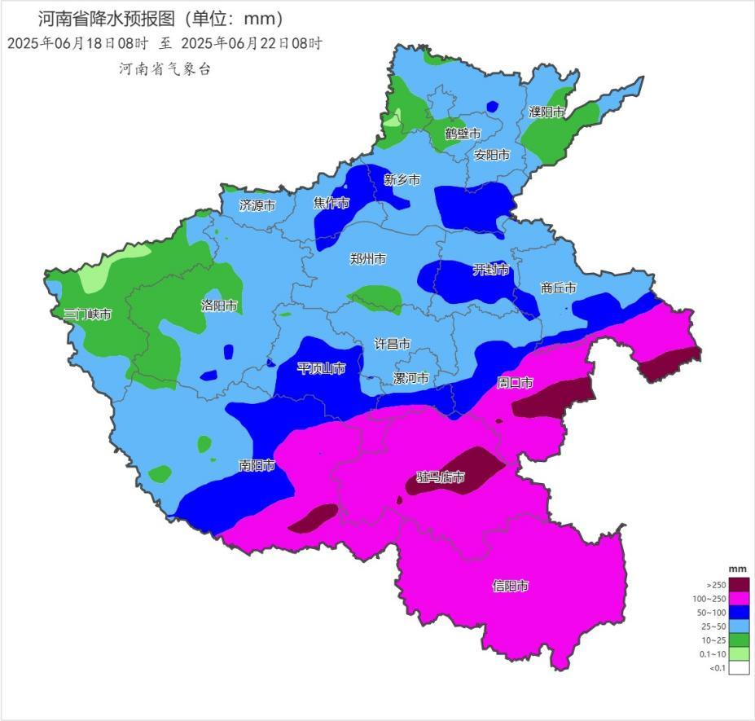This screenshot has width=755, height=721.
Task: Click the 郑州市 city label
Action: (368, 259)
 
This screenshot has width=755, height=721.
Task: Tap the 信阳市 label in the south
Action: (511, 586)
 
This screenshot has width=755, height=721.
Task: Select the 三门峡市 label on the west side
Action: (88, 314)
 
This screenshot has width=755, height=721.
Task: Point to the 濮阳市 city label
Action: (546, 112)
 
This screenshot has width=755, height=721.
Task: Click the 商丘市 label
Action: (559, 288)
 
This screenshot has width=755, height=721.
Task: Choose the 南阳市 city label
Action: (257, 466)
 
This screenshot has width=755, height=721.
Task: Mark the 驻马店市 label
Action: (441, 477)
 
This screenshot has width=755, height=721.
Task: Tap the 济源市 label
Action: (257, 206)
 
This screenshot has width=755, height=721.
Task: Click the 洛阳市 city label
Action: (219, 306)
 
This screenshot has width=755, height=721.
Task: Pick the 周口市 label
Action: (515, 383)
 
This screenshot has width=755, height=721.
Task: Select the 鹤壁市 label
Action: (463, 134)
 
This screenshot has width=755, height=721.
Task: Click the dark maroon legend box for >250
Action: (739, 584)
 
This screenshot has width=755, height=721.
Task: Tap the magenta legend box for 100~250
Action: (739, 599)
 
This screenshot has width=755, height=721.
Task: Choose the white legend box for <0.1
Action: (739, 668)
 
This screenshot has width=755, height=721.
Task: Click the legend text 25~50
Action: (714, 626)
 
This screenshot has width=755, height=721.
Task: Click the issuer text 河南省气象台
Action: (165, 69)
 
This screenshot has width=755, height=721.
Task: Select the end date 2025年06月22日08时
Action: (251, 44)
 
